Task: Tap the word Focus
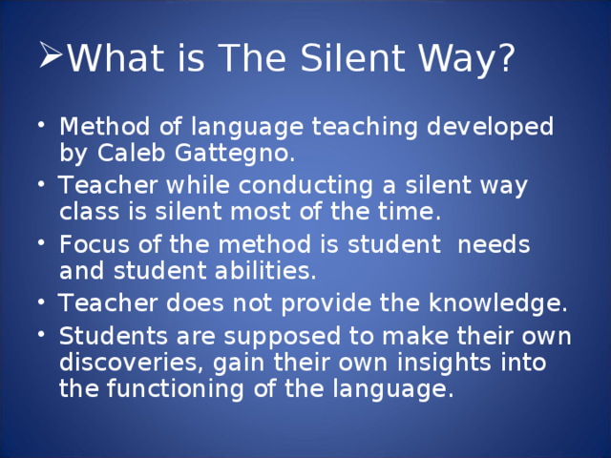92,244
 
